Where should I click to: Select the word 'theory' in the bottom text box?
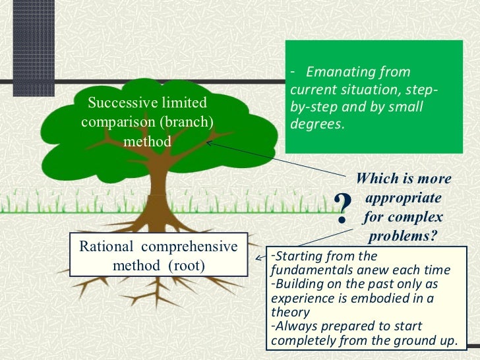coord(290,313)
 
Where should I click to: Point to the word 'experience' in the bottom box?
coord(298,298)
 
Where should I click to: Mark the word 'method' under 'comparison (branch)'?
coord(147,141)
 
